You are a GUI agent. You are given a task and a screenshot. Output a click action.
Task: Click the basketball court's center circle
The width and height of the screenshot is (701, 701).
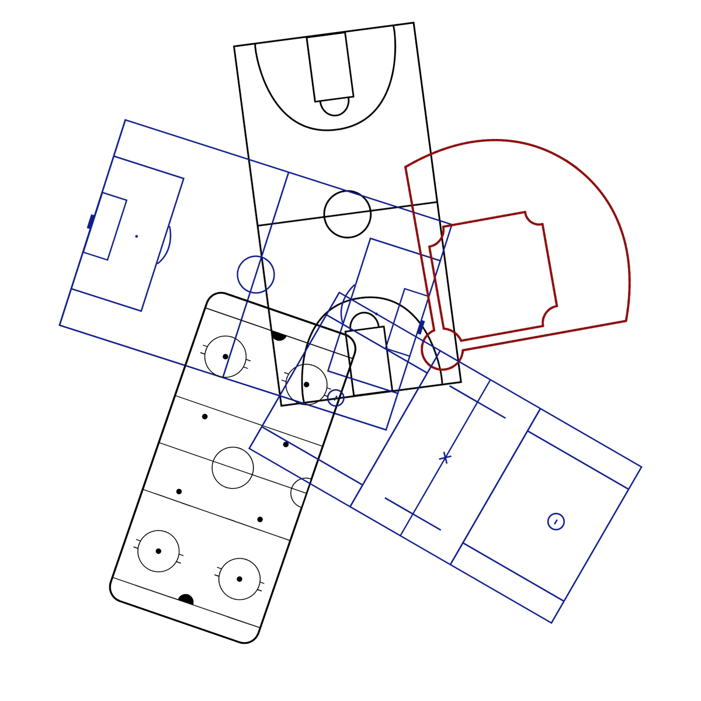348,214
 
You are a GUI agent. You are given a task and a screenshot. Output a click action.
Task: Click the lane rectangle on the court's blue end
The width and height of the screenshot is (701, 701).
371,359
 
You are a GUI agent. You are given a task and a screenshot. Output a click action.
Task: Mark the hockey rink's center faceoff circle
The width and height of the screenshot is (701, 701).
232,467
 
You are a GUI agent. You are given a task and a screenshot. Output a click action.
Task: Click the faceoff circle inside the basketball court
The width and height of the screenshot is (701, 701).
306,384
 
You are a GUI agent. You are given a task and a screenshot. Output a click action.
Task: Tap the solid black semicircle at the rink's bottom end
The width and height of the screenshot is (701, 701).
186,600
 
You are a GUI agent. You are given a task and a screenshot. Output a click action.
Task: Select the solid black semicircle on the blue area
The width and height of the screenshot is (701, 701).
279,336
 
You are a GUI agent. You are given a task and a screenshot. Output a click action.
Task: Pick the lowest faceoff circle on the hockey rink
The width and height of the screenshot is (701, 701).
239,578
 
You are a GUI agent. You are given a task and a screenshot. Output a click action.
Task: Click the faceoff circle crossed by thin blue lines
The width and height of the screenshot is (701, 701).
225,356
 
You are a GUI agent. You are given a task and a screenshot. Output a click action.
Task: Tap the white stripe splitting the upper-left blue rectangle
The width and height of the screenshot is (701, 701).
279,204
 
